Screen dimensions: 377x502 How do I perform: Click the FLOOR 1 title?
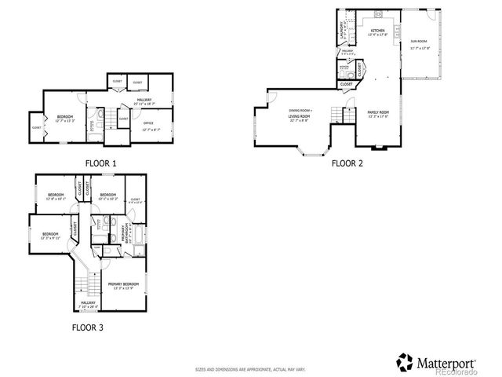[100, 163]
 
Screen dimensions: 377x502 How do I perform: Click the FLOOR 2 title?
[347, 163]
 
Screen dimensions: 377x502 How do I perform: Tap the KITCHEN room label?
[377, 31]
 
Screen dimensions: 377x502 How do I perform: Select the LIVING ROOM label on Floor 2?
[300, 115]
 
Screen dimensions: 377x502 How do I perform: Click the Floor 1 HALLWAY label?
[144, 100]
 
